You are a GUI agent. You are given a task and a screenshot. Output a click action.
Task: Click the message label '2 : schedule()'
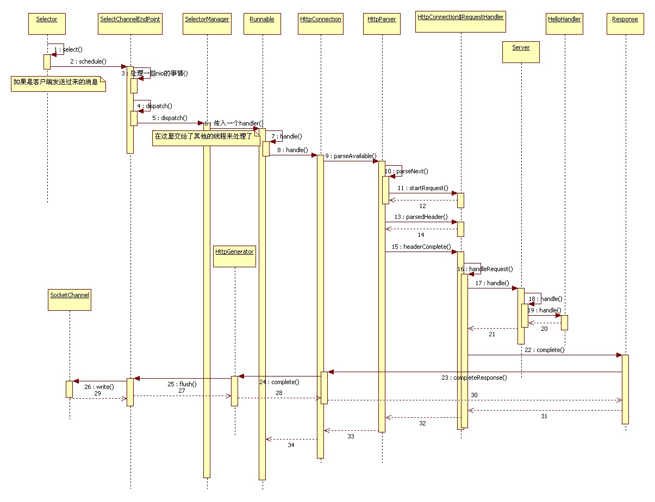tap(88, 61)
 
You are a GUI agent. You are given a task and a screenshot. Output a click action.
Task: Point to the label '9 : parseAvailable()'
tap(351, 156)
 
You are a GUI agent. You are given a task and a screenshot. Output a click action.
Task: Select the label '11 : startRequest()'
tap(422, 188)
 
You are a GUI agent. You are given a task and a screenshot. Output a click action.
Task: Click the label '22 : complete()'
tap(544, 350)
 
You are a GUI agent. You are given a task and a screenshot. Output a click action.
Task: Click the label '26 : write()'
tap(99, 387)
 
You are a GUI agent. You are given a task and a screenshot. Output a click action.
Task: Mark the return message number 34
tap(291, 445)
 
